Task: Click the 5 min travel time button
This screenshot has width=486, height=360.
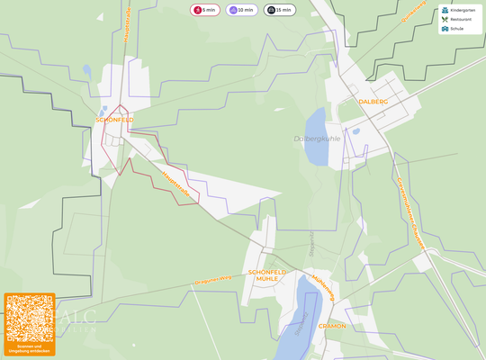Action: click(x=204, y=10)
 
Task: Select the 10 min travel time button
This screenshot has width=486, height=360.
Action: click(x=241, y=10)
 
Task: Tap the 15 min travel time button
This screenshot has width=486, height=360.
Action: click(x=279, y=10)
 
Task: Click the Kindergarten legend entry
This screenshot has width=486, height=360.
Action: click(x=459, y=10)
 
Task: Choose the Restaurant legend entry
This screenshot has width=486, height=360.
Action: click(x=459, y=19)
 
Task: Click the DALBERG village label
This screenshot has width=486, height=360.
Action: click(x=373, y=102)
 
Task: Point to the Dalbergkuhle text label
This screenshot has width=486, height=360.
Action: click(x=317, y=139)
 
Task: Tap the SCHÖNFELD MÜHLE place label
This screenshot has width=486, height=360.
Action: click(x=266, y=275)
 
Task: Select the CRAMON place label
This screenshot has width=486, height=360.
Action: click(x=332, y=326)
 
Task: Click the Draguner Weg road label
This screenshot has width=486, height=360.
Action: click(x=213, y=280)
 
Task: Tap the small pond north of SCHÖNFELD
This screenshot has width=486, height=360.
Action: click(x=86, y=69)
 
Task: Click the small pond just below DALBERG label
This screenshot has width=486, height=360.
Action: click(x=356, y=130)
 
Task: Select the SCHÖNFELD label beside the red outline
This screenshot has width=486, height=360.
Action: click(x=114, y=120)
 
